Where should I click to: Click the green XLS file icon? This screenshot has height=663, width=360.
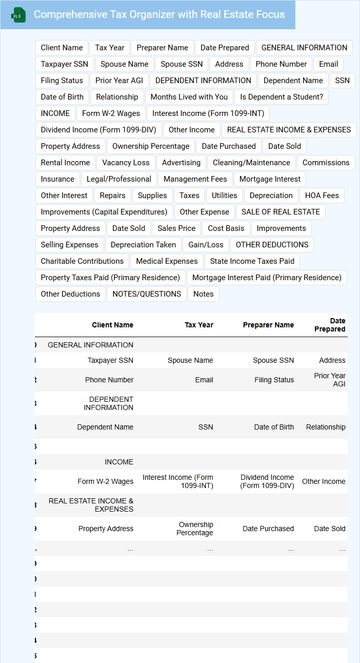point(18,15)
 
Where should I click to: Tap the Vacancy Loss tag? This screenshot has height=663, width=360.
point(126,163)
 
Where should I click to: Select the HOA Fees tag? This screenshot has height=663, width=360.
point(322,196)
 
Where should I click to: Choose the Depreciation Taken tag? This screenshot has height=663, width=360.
point(143,245)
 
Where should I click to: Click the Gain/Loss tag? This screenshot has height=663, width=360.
point(206,245)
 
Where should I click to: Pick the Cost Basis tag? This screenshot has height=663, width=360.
point(226,228)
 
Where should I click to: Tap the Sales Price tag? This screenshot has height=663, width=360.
point(176,228)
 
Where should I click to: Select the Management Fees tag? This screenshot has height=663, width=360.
point(195,179)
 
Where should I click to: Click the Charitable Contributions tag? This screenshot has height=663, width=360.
point(82,261)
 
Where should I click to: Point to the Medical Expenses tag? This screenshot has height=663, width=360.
point(167,261)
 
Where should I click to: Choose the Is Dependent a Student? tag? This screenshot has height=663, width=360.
point(282,97)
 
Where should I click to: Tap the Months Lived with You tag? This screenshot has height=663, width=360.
point(189,97)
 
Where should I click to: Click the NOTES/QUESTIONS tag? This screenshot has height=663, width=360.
point(147,294)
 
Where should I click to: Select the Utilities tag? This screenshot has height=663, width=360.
point(224,196)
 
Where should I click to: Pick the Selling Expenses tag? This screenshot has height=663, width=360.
point(69,245)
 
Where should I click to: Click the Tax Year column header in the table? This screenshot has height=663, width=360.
point(199,325)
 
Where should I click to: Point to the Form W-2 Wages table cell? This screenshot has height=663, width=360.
point(105,481)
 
